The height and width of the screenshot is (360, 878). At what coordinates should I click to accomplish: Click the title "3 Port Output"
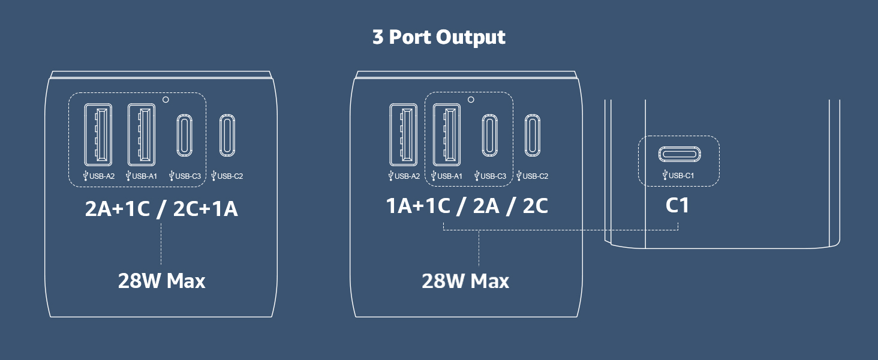point(439,37)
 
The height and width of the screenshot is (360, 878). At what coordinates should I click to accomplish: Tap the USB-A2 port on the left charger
point(98,134)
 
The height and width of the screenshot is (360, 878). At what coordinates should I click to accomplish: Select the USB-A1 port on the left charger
point(141,134)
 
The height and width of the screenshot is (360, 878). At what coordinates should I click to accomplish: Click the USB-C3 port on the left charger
point(184,135)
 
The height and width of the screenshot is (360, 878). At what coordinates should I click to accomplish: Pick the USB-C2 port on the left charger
point(227,135)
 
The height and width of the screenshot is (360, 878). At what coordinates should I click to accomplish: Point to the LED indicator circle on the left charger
point(166,100)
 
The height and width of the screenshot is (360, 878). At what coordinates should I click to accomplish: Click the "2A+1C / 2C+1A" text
point(161,208)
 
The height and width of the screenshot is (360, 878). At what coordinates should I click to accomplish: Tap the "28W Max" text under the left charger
point(161,281)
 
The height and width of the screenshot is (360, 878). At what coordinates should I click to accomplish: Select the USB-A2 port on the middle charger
point(404,134)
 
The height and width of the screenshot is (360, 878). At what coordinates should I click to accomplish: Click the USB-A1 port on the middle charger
point(446,134)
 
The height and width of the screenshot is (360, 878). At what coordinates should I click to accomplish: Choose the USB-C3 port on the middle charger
point(489,135)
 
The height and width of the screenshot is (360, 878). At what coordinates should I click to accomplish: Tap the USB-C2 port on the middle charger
point(533,135)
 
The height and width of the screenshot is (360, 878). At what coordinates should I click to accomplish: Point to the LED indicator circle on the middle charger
point(471,100)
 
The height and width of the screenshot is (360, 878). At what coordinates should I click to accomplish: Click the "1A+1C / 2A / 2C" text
point(467,206)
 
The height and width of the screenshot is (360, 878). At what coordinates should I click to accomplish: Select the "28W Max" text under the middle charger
point(465,281)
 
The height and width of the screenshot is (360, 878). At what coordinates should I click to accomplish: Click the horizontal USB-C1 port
point(679,154)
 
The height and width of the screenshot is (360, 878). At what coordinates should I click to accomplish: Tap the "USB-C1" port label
point(678,175)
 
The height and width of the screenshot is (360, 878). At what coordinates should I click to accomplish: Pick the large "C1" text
point(677,205)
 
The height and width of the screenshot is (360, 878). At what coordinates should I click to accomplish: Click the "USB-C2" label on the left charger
point(227,176)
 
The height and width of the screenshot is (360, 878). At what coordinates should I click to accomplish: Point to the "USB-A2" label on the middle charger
point(404,176)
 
